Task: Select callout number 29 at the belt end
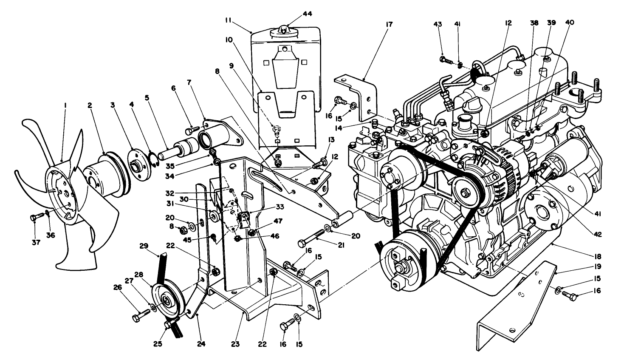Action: point(144,246)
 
